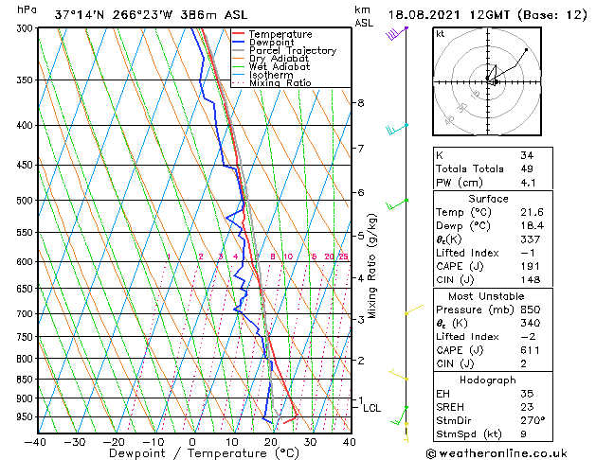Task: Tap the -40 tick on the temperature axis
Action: (36, 441)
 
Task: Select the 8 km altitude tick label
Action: (361, 102)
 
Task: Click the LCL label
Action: (371, 408)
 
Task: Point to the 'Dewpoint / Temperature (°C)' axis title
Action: (192, 453)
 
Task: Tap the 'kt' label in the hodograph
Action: (440, 33)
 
